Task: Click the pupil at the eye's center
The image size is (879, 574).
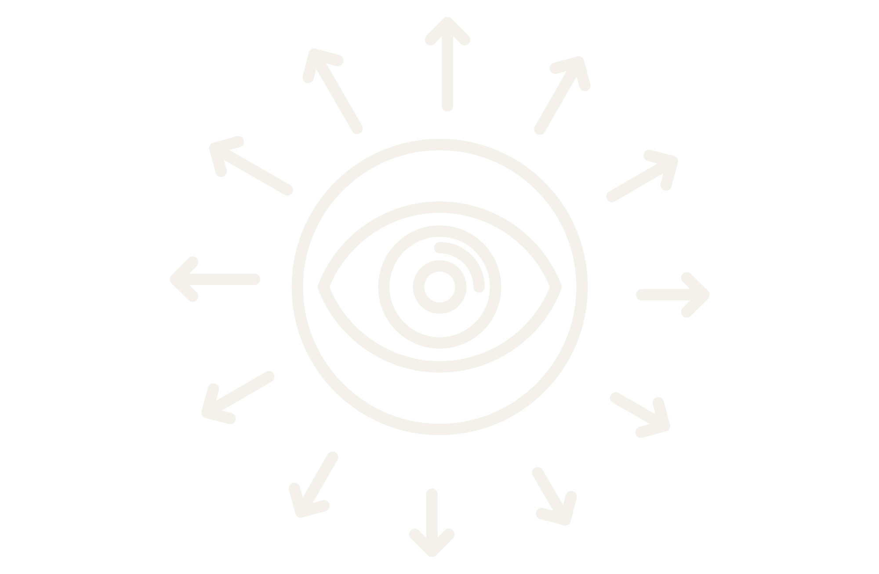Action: coord(439,287)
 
